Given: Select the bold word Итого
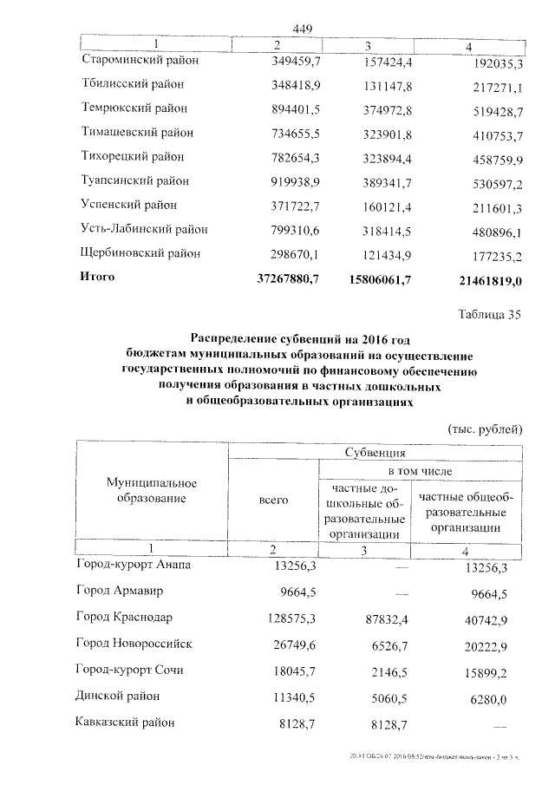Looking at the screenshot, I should click(97, 278).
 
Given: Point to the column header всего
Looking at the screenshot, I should click(273, 502).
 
